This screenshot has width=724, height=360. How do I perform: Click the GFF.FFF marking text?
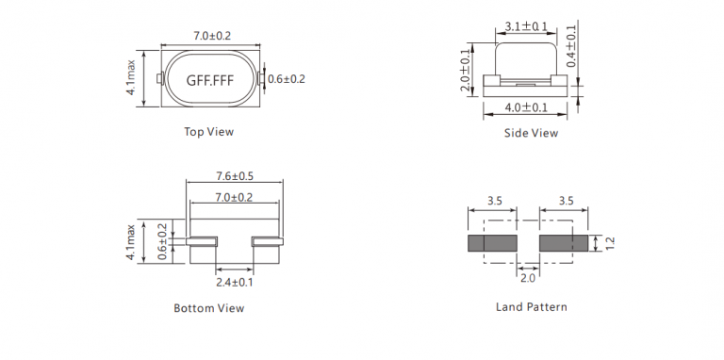[x=210, y=80]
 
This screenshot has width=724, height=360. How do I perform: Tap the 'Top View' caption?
[x=209, y=132]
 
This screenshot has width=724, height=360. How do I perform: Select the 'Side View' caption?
[x=531, y=134]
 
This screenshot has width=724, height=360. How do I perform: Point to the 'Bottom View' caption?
[x=209, y=308]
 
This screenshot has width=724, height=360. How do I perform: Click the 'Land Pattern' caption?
[x=532, y=307]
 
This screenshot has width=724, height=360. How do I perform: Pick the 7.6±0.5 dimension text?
[x=235, y=176]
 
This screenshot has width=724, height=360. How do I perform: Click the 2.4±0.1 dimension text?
[x=235, y=282]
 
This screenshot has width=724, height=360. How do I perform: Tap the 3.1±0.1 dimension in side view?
[x=526, y=26]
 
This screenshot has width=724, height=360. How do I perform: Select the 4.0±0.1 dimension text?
[x=526, y=107]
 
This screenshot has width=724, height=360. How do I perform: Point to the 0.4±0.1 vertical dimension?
[x=571, y=45]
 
